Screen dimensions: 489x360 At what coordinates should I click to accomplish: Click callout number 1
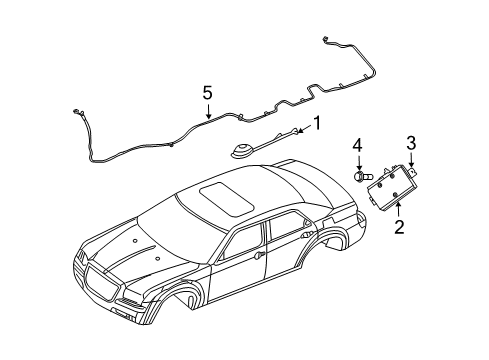318,124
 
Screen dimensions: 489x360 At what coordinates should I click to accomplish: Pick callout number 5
208,92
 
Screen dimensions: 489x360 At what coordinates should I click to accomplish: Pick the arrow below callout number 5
208,111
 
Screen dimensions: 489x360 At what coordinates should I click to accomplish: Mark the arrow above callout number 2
398,209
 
